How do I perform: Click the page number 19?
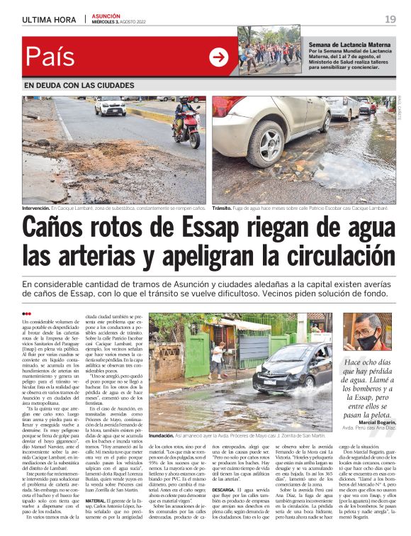pyautogui.click(x=390, y=19)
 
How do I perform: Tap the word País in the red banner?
pyautogui.click(x=50, y=57)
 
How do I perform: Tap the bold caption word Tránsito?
pyautogui.click(x=222, y=208)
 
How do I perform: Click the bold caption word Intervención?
pyautogui.click(x=35, y=208)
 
